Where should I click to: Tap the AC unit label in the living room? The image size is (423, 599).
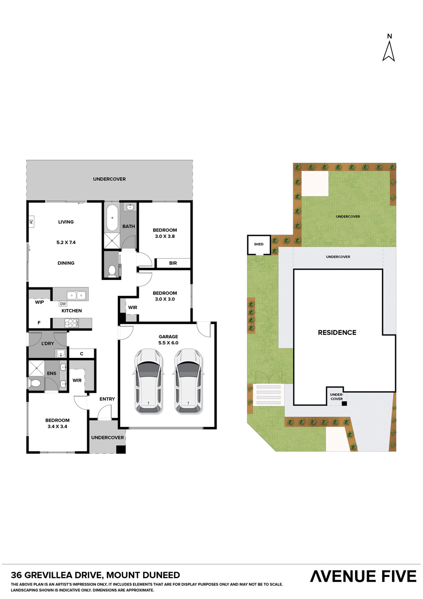(x=30, y=222)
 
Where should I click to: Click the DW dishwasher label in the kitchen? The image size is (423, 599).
(x=63, y=303)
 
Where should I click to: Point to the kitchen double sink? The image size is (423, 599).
(x=77, y=295)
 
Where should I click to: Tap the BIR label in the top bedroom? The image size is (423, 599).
(x=173, y=263)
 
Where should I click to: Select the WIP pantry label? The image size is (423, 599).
(x=39, y=302)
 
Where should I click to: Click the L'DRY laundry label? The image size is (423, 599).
(x=48, y=344)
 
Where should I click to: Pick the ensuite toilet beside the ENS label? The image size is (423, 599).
(x=35, y=383)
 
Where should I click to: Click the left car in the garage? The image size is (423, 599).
(x=149, y=380)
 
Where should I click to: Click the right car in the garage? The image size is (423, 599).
(x=188, y=380)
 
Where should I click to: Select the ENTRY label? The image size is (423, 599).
(x=107, y=399)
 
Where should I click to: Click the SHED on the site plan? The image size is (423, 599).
(x=258, y=245)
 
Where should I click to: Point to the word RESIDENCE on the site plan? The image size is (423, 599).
(x=337, y=332)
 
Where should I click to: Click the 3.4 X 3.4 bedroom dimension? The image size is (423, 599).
(x=57, y=427)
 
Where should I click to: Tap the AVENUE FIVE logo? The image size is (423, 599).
(x=363, y=576)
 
